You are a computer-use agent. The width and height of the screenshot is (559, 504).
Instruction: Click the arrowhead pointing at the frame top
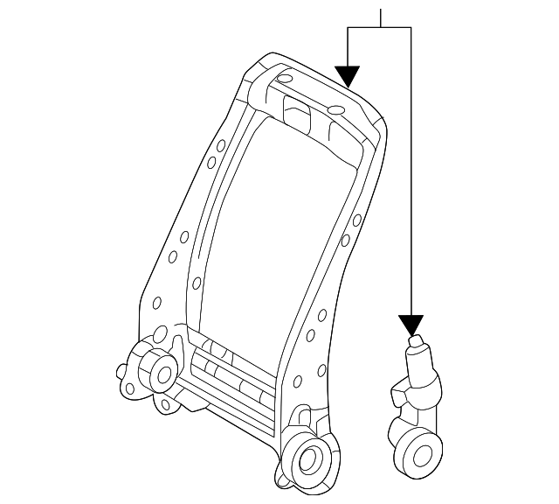click(348, 76)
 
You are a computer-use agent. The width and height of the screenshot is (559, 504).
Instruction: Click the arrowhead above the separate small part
click(411, 325)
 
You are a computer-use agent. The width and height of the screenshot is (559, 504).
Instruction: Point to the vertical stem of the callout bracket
click(381, 16)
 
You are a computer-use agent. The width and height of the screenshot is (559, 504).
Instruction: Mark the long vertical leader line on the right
click(411, 175)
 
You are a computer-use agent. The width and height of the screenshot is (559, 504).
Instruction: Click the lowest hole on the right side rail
click(298, 381)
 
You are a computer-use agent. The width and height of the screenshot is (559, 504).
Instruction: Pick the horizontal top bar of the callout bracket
click(379, 27)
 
